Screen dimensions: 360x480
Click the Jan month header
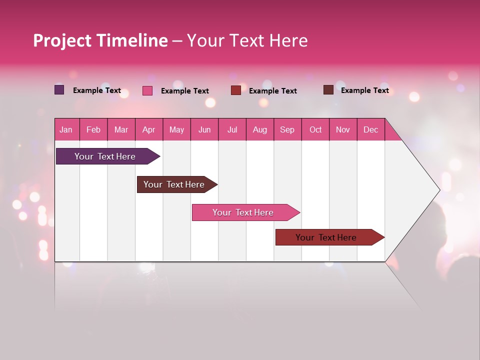click(x=66, y=129)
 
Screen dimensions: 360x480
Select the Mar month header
click(x=121, y=129)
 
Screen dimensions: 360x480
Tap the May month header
click(x=176, y=129)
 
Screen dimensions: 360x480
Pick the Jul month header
click(x=232, y=129)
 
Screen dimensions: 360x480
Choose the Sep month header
click(x=287, y=129)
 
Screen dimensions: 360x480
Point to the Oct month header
click(x=315, y=129)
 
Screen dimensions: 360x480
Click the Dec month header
click(x=370, y=129)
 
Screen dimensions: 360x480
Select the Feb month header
click(x=93, y=129)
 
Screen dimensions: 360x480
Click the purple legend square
click(x=59, y=90)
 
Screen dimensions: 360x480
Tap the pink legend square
click(x=147, y=90)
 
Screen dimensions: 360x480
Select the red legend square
click(x=236, y=90)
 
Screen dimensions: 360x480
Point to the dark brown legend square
click(x=328, y=90)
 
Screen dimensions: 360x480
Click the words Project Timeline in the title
click(x=100, y=40)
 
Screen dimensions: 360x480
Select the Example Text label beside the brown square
click(x=364, y=90)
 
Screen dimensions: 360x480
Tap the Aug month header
click(x=259, y=129)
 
